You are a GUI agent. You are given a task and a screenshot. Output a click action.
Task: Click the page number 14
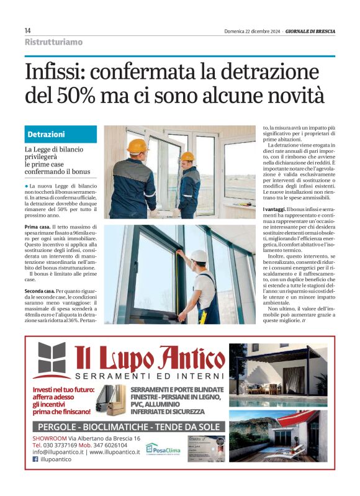pos(28,30)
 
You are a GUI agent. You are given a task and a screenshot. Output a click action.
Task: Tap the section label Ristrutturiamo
pos(53,42)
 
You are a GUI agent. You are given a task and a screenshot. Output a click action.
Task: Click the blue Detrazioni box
pos(61,135)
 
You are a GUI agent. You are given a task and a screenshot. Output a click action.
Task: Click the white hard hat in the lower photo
pos(199,256)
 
